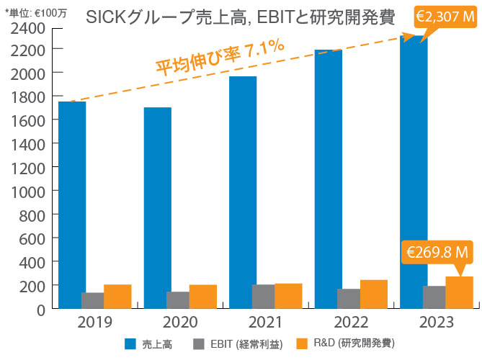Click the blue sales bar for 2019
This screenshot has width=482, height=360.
72,205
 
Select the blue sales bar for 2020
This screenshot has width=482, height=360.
158,208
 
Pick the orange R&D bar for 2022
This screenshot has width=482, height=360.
374,294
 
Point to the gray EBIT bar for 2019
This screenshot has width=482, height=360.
92,300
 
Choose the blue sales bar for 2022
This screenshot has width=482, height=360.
329,179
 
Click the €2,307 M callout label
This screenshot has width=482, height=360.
441,15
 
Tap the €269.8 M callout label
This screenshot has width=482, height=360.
438,253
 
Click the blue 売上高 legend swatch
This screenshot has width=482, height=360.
131,343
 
